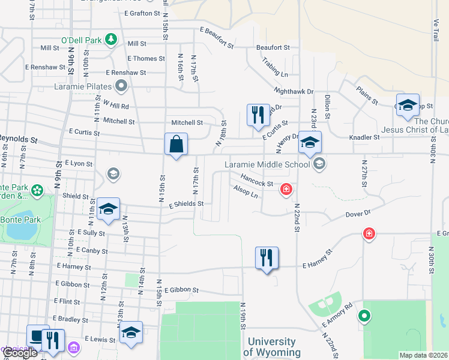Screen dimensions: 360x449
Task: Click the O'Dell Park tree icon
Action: [x=110, y=40]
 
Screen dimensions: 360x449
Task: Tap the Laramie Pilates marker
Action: [x=122, y=86]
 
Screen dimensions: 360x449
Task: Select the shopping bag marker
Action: [x=176, y=145]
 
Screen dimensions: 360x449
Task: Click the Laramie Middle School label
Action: [x=266, y=164]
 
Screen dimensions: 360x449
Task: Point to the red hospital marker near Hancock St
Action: [x=287, y=190]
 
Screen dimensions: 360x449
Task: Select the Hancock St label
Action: [x=257, y=180]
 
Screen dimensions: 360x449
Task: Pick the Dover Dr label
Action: [x=359, y=213]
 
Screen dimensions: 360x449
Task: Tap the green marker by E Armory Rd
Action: [x=363, y=316]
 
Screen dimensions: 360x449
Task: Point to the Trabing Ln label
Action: [x=275, y=67]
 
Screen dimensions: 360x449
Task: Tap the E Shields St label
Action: [x=186, y=204]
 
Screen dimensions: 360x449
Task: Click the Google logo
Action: [x=19, y=353]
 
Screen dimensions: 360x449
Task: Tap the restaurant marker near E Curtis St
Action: [x=258, y=116]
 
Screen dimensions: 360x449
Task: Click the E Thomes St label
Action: [x=146, y=59]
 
